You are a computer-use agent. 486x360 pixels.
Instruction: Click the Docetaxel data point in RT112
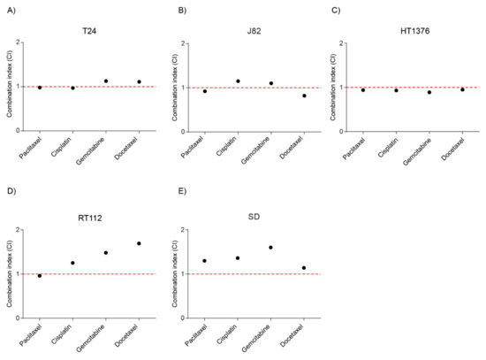[139, 243]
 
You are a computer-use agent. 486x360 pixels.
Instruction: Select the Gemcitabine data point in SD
[270, 248]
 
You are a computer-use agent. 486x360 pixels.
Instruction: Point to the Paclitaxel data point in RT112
[40, 276]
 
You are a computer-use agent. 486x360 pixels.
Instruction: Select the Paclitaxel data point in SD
[204, 261]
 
